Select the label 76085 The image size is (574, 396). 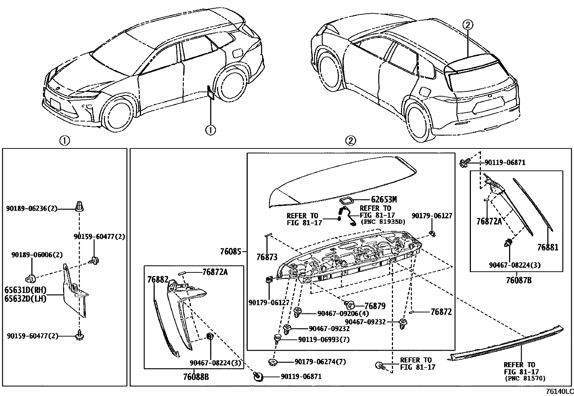tap(230, 252)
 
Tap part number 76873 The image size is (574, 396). tap(267, 257)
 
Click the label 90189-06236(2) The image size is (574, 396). tap(32, 209)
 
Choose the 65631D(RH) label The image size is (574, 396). tap(26, 290)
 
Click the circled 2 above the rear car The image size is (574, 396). tap(467, 25)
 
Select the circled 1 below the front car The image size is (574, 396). tap(210, 129)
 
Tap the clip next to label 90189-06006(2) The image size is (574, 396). tap(30, 278)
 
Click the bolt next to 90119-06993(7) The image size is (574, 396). tap(278, 339)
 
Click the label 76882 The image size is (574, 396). tap(158, 279)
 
